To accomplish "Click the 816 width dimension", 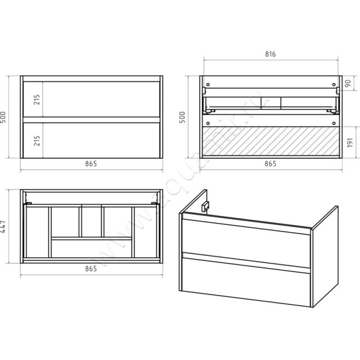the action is coord(270,54).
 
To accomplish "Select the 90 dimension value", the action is coord(348,83).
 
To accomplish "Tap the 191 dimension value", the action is coord(350,143).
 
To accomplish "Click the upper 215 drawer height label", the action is coord(37,99).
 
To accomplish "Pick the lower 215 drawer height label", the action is coord(37,140).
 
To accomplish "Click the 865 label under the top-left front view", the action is coord(91,164).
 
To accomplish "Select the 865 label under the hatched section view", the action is coord(270,164).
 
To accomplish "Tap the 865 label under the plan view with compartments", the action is coord(91,268).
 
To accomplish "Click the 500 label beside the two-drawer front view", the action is coord(3,117).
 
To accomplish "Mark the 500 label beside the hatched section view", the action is coord(182,117).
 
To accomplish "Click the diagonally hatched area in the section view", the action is coord(271,141).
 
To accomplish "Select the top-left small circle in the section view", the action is coord(208,85).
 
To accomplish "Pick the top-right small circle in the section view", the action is coord(334,85).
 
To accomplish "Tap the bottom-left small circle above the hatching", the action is coord(208,123).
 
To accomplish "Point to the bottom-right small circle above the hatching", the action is coord(334,123).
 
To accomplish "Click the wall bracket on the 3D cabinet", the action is coord(205,207).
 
